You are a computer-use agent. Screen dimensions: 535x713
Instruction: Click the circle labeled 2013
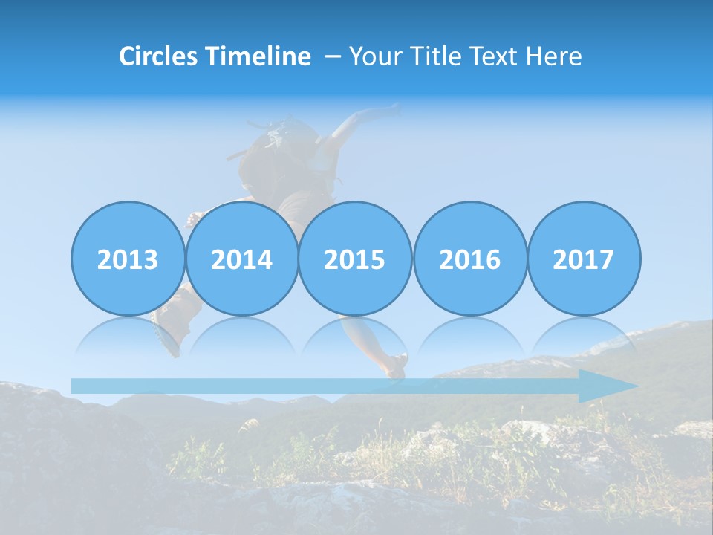tap(128, 259)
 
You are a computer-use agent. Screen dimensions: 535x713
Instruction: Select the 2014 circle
tap(241, 259)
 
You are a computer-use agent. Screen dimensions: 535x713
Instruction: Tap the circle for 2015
tap(355, 259)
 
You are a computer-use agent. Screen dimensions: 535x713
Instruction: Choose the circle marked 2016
tap(469, 259)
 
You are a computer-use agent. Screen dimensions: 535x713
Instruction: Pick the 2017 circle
tap(584, 259)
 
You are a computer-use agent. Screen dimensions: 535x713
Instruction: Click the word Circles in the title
tap(158, 56)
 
